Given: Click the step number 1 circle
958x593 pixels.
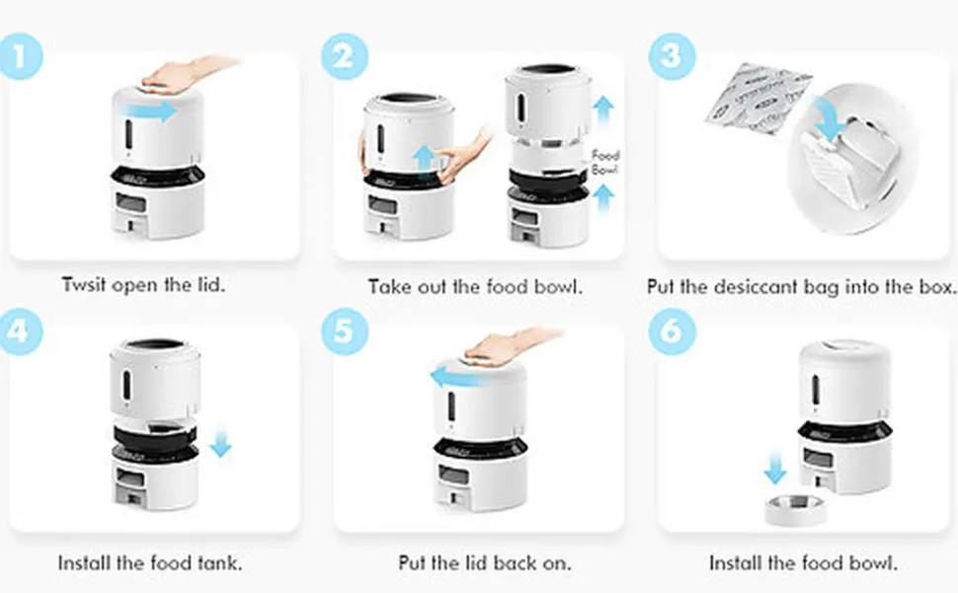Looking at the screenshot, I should (x=22, y=56).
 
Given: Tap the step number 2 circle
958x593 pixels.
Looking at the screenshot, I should (x=343, y=56).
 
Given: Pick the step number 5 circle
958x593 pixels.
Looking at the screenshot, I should (x=343, y=330).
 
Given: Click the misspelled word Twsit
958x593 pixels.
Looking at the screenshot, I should (x=85, y=287).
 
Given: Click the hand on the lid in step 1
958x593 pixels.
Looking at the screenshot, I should (x=183, y=74).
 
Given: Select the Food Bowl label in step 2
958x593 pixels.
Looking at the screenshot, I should (x=604, y=163).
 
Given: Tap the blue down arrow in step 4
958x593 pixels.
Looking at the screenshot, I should (x=220, y=440).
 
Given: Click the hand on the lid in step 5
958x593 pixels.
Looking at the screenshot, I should (x=504, y=345).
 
